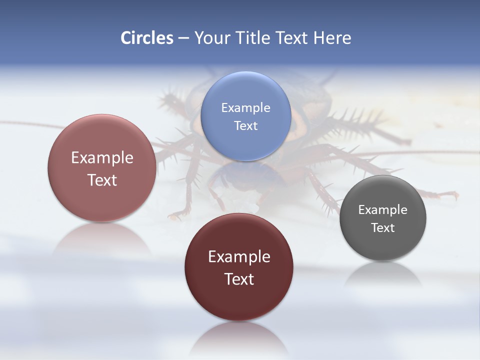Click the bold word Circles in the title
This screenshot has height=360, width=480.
[147, 38]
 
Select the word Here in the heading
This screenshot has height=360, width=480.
[332, 38]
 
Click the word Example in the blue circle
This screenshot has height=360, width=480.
[245, 108]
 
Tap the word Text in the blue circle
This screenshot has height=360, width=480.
[245, 125]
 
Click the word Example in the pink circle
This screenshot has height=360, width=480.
[102, 158]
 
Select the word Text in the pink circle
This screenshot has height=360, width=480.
[102, 180]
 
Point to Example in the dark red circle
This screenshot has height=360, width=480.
[239, 257]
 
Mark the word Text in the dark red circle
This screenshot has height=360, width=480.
[239, 279]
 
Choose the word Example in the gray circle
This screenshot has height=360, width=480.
[382, 210]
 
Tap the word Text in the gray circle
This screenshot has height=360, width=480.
[382, 228]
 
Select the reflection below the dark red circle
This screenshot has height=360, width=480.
[239, 337]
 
